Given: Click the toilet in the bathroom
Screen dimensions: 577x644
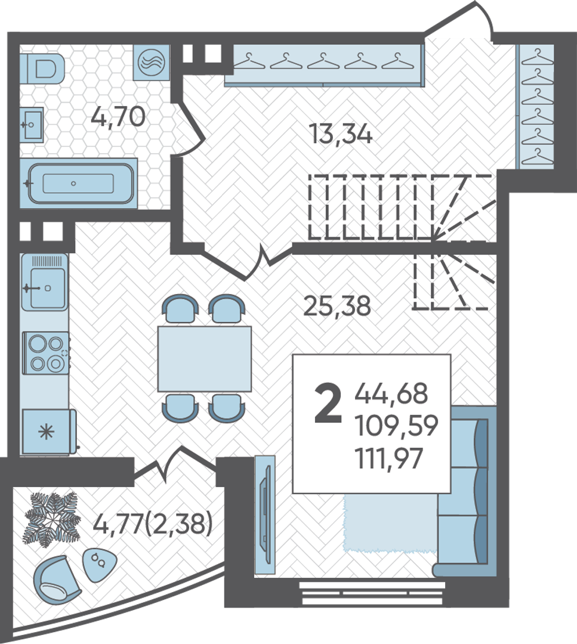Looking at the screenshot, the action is (42, 68).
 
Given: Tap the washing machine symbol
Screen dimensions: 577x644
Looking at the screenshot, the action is (152, 62).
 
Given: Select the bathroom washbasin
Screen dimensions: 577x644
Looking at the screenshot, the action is (32, 124).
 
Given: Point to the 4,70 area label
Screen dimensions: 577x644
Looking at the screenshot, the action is (118, 116).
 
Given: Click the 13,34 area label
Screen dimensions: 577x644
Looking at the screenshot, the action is (341, 134).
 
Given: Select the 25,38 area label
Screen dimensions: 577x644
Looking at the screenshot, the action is (337, 306).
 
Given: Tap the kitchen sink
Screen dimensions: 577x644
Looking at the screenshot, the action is (44, 281).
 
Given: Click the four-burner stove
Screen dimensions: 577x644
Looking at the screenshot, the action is (46, 353).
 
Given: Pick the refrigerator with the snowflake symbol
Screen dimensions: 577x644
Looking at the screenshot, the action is (49, 432).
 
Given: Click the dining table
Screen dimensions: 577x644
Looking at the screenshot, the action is (204, 358).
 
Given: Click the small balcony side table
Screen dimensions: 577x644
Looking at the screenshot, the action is (100, 565).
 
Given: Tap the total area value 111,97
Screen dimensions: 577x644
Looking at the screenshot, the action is (389, 459).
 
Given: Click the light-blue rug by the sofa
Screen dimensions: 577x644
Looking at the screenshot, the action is (389, 522).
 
